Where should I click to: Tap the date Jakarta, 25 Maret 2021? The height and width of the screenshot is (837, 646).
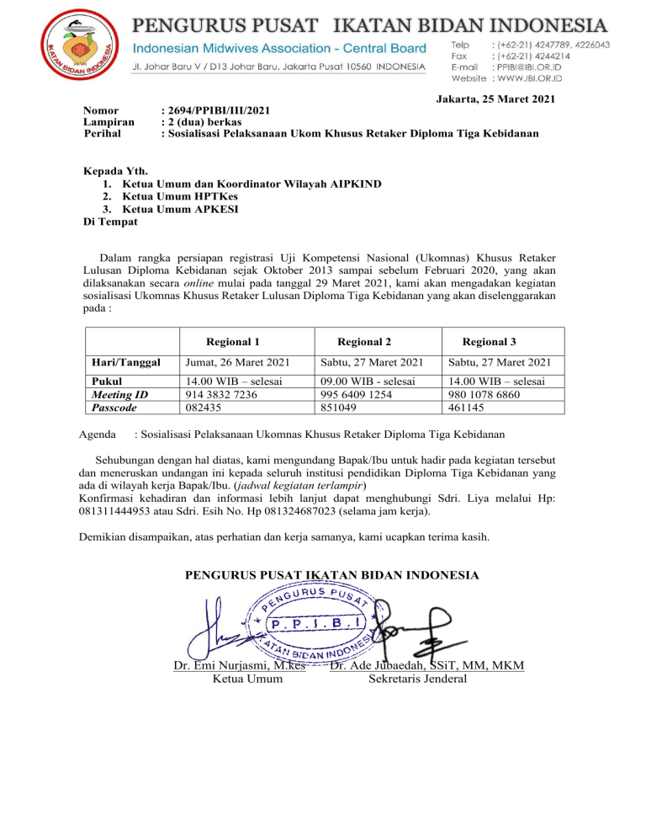(x=495, y=99)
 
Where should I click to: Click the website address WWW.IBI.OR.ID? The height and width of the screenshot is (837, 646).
(x=554, y=79)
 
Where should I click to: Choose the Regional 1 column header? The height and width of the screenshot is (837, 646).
(x=232, y=341)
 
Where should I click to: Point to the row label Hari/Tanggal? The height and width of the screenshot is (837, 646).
(x=125, y=362)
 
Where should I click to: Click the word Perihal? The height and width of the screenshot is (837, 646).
(x=103, y=133)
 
